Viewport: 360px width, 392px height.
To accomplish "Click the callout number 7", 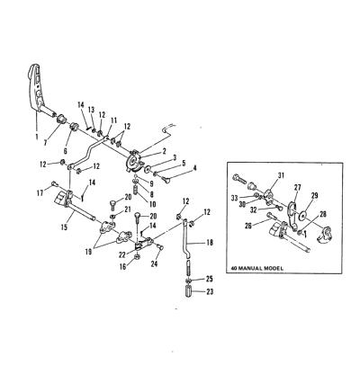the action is pos(45,143).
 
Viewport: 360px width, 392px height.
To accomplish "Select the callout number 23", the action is pos(210,291).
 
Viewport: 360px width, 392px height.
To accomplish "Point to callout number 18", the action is pos(210,242).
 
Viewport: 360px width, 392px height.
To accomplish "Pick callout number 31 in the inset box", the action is pos(280,175).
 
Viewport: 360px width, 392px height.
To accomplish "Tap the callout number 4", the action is pos(194,168).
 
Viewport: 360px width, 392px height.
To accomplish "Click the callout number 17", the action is pos(40,193).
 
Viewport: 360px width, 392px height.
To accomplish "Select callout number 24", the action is pos(154,263).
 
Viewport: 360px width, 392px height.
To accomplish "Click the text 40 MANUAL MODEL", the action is pos(257,268).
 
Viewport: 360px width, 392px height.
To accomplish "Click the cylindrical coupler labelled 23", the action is pos(188,291).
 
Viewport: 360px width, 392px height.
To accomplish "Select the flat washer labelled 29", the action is pos(302,216).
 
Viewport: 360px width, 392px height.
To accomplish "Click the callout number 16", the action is pos(123,267).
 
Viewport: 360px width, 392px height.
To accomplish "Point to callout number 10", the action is pos(152,204).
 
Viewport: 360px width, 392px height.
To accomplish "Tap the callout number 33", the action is pos(235,198).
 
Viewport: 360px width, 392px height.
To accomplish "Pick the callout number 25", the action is pos(210,279).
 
